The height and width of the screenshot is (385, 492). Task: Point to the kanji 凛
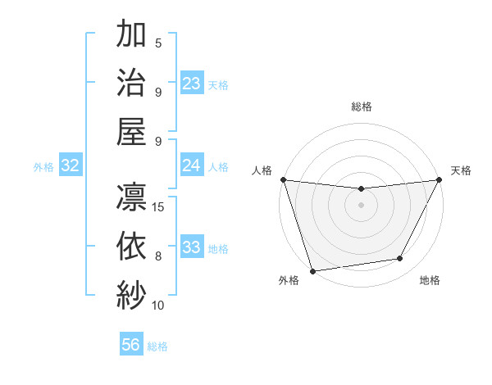tap(131, 197)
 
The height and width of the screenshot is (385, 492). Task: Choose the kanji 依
tap(131, 245)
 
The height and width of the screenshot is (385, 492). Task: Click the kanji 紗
tap(131, 294)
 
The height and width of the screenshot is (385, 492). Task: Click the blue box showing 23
tap(192, 84)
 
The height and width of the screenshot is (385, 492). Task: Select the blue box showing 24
tap(192, 165)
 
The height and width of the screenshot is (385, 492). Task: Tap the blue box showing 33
tap(192, 247)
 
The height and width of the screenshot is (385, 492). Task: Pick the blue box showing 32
tap(71, 165)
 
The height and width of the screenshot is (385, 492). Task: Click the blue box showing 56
tap(131, 345)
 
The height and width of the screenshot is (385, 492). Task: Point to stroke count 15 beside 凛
tap(159, 206)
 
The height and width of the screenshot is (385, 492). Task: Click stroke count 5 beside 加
tap(158, 43)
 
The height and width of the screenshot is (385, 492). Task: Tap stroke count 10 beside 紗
tap(159, 305)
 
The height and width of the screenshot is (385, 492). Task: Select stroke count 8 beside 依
tap(158, 256)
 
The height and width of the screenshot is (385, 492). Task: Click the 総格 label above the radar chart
tap(362, 106)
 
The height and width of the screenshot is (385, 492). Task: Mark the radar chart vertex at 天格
tap(440, 179)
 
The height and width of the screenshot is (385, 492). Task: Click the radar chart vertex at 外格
tap(312, 271)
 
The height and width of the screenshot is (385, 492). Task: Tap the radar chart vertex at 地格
tap(400, 259)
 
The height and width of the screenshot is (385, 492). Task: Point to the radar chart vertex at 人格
tap(283, 179)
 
